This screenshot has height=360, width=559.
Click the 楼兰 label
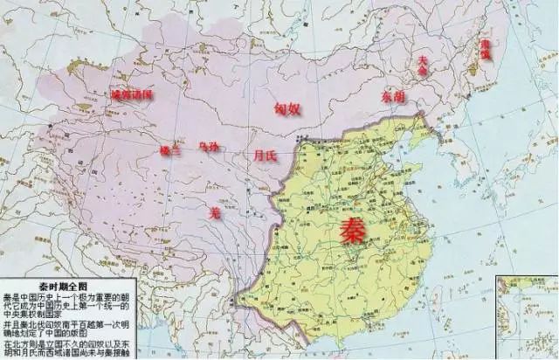[x=169, y=150]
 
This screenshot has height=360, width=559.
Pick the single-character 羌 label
[x=215, y=211]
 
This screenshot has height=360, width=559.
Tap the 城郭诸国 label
[x=131, y=93]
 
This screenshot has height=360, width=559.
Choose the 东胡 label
[x=394, y=97]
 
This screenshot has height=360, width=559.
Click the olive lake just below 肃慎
[x=480, y=64]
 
